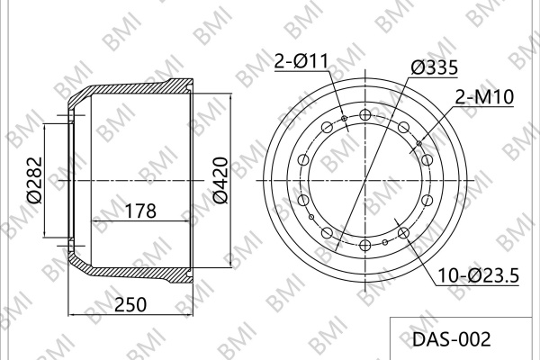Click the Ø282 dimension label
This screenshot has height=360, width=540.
[x=34, y=180]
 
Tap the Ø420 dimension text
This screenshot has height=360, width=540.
[x=220, y=180]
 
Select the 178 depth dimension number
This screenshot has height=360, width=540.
[x=140, y=211]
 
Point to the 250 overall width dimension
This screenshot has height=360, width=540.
[x=130, y=304]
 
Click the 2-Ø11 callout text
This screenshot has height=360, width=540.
[x=301, y=62]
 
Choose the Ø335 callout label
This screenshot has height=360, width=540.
[x=435, y=67]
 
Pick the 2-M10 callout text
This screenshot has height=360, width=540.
[x=484, y=97]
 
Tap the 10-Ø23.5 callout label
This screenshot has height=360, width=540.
[x=478, y=275]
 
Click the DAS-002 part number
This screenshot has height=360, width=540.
[x=451, y=339]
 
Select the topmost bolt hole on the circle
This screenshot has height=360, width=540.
[x=364, y=114]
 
